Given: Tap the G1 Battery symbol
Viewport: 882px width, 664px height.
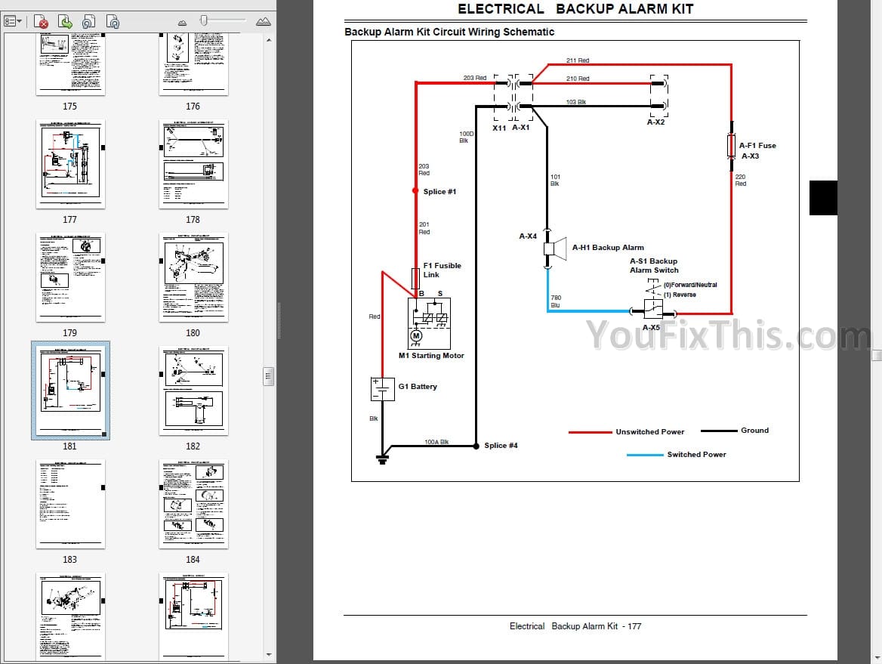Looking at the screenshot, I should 383,389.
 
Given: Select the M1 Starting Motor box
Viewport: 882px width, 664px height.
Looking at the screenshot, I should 429,323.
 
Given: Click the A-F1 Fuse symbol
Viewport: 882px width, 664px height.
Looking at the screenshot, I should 731,146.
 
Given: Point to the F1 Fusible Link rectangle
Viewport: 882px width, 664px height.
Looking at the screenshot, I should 415,277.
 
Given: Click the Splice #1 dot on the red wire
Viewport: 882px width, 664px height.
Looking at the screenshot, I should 415,191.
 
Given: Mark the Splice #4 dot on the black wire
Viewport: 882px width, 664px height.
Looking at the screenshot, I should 476,446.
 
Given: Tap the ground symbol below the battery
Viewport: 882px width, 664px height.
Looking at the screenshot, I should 383,457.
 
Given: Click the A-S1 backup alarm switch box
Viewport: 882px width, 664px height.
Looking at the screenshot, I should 652,309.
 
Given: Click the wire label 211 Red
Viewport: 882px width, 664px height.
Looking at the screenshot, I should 578,60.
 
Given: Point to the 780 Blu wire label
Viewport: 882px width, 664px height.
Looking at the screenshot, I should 556,301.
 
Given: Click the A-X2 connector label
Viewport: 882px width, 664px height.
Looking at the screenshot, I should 655,122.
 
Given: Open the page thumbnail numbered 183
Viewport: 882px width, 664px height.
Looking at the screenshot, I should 69,504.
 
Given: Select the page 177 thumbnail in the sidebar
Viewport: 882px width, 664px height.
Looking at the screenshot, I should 69,164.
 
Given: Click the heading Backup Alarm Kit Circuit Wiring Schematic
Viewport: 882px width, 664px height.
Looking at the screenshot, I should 449,32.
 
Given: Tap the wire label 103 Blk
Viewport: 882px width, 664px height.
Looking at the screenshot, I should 576,102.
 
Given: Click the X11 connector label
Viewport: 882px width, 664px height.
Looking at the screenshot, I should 499,128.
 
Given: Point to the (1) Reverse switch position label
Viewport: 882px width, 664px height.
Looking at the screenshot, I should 680,295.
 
